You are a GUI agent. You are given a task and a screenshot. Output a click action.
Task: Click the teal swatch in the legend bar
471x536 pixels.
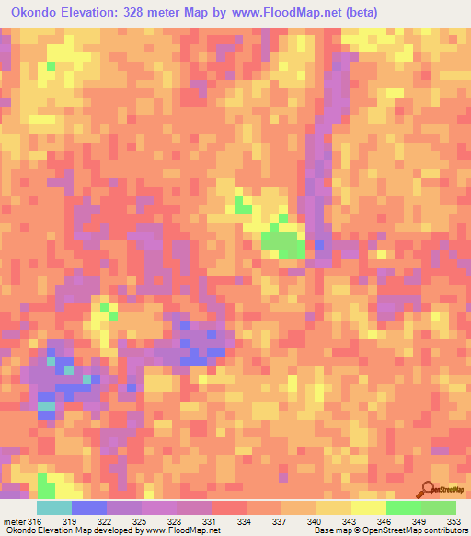54,507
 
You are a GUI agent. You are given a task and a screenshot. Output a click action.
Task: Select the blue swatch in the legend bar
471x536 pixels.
89,507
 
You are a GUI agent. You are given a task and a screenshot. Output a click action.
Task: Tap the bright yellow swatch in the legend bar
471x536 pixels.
369,507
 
